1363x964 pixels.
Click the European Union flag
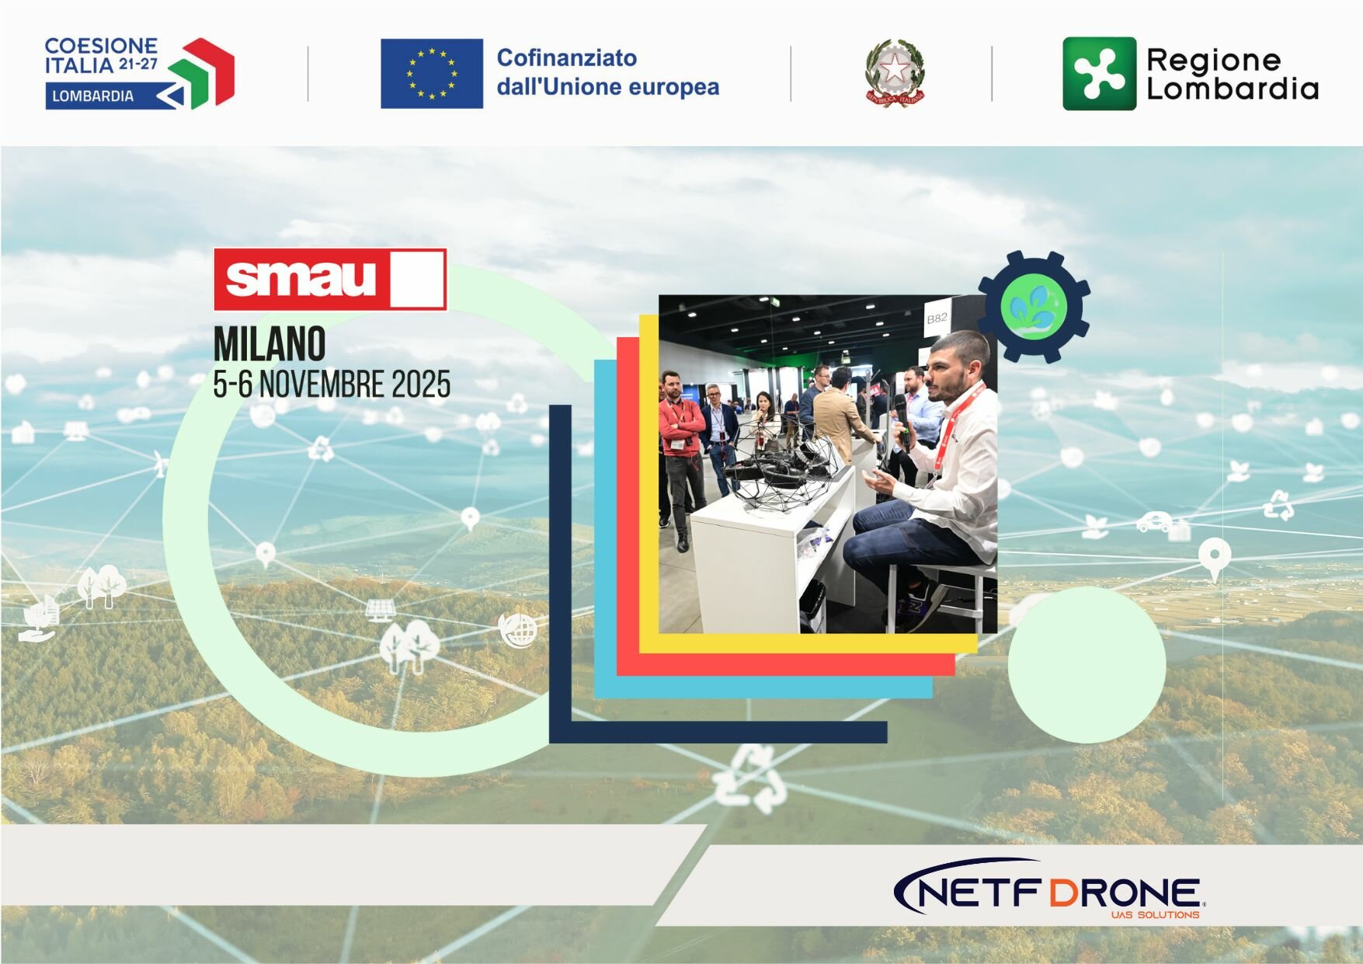431,74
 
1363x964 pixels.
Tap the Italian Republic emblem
895,73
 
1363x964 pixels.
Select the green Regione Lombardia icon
1099,74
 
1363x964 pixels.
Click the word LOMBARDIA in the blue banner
92,96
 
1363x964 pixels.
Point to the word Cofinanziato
566,57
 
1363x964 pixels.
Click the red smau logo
330,280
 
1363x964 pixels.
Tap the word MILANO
269,344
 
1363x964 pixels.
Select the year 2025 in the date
421,385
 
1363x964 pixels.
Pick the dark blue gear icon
1033,307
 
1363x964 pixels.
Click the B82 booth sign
937,318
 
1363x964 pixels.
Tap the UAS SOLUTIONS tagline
1155,915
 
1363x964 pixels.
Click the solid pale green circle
1087,664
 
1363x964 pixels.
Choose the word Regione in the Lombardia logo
1213,60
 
